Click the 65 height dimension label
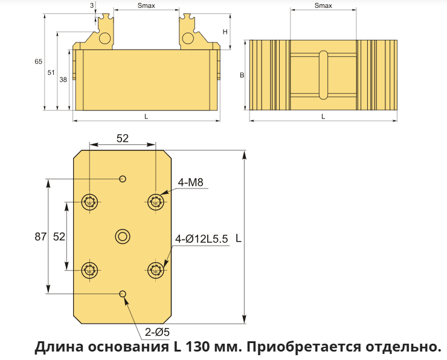(38, 61)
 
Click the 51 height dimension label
(51, 72)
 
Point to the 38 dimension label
(63, 80)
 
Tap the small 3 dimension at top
(92, 5)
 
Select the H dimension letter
(225, 31)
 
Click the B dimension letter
(242, 76)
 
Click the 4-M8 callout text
(190, 182)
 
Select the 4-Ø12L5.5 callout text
(202, 239)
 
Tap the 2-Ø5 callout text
(157, 332)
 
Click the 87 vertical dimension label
(40, 237)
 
